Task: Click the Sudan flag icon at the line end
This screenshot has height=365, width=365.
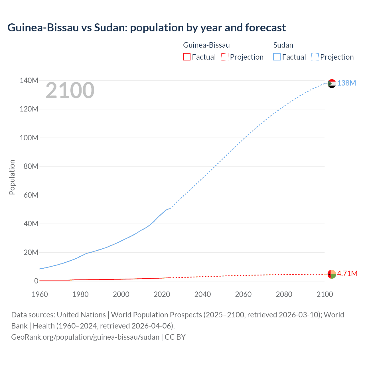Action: click(332, 84)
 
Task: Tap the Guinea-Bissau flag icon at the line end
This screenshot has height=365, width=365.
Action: click(332, 274)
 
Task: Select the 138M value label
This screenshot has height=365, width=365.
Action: click(346, 83)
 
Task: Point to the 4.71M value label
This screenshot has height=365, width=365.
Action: click(347, 273)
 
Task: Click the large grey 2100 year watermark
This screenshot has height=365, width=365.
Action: click(70, 90)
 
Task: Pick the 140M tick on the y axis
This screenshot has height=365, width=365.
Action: click(29, 80)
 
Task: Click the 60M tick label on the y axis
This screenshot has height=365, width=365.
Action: click(31, 195)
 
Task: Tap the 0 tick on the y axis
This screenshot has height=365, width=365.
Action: click(36, 281)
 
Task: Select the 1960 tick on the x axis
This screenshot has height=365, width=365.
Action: click(40, 294)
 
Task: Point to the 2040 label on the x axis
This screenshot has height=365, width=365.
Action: click(202, 294)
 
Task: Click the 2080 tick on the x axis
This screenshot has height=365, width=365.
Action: click(284, 294)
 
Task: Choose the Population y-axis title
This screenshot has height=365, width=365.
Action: click(12, 177)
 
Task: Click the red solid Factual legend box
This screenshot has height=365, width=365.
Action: click(187, 57)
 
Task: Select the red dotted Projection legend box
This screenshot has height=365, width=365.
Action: click(225, 57)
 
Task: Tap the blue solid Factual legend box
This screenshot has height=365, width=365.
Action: click(277, 57)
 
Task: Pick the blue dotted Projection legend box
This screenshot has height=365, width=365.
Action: click(315, 57)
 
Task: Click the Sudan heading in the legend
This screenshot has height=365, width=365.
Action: click(283, 45)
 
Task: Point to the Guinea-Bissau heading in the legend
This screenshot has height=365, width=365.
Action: click(206, 45)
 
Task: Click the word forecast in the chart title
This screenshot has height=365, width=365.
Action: click(265, 28)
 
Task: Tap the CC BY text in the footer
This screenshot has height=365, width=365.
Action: click(175, 337)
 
